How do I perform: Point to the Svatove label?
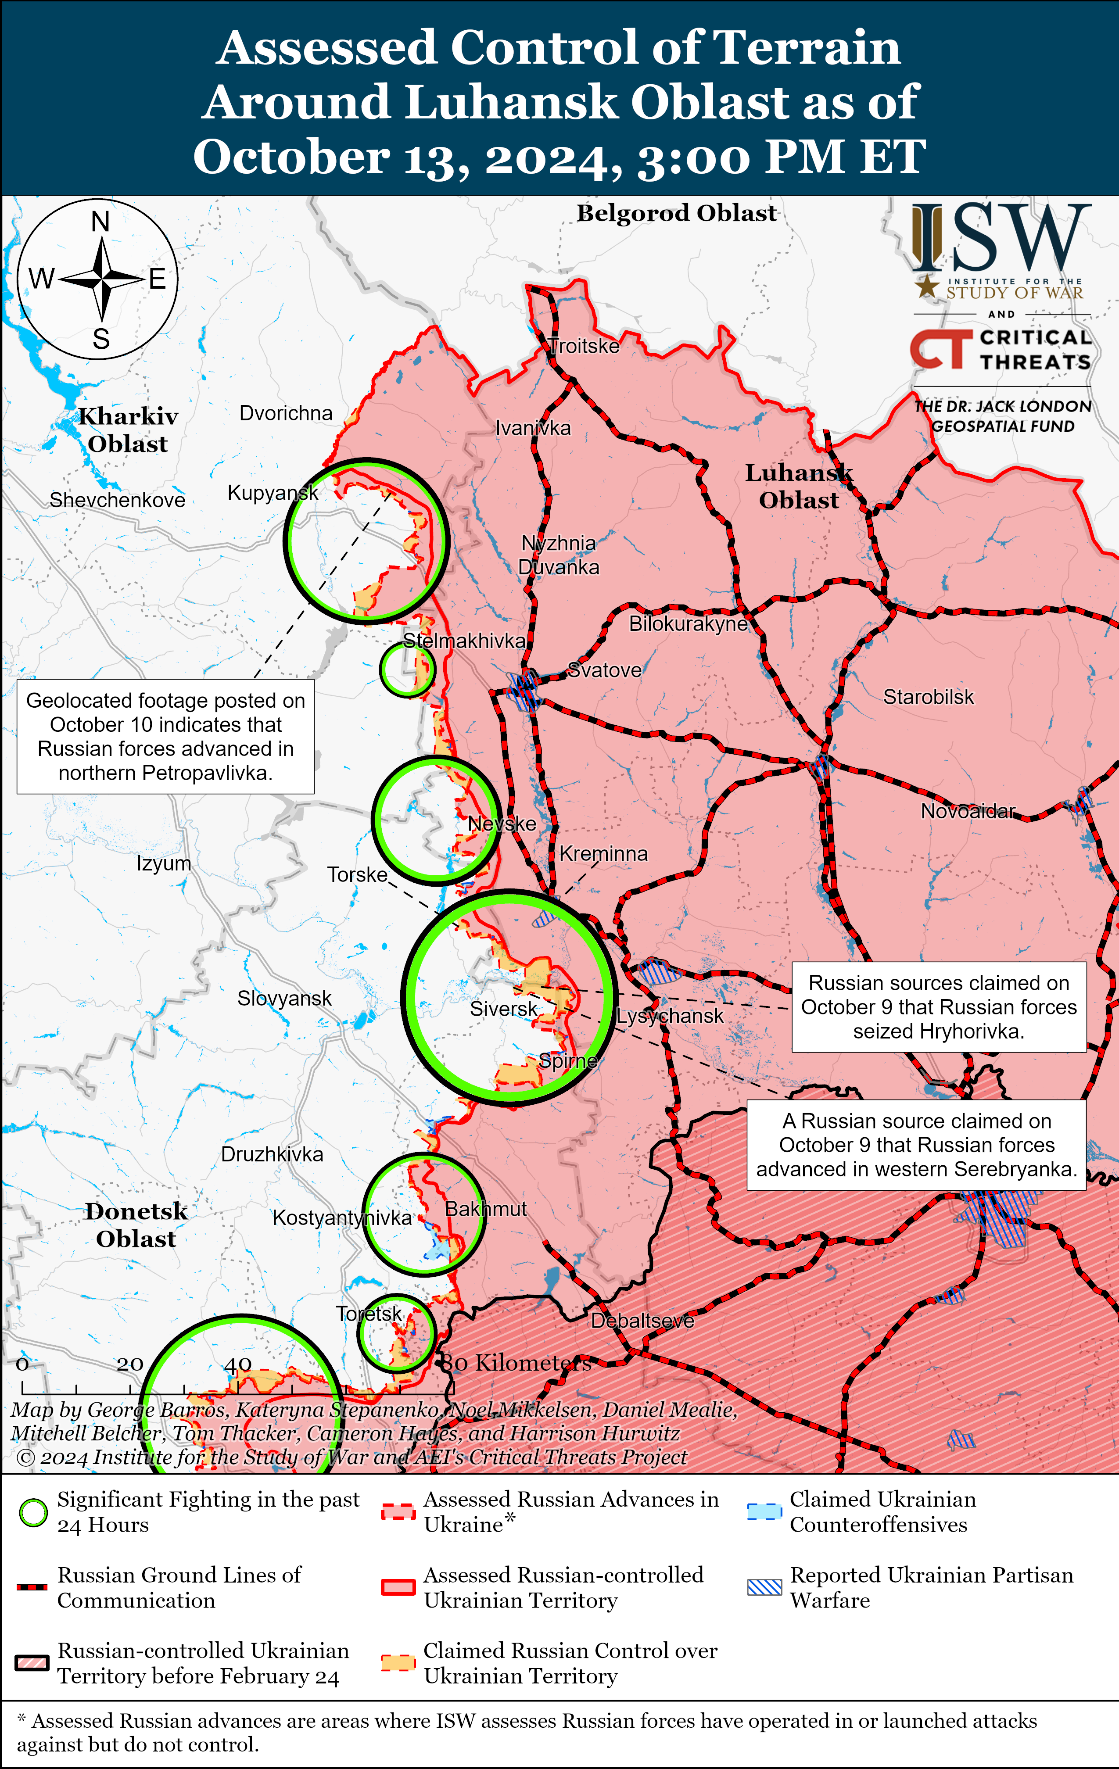coord(605,670)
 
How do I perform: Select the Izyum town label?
coord(164,863)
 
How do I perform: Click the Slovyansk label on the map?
coord(284,999)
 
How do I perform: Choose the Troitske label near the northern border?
coord(584,346)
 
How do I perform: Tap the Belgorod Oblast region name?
coord(676,213)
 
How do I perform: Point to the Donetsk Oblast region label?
coord(136,1225)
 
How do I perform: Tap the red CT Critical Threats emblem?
coord(937,349)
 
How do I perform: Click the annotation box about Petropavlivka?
coord(165,736)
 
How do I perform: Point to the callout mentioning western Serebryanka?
coord(916,1145)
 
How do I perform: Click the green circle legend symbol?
coord(33,1513)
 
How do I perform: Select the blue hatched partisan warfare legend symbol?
coord(764,1587)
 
